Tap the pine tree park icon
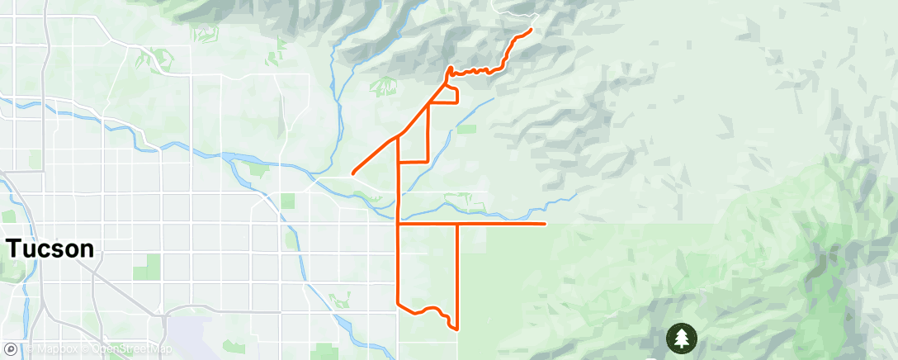pyautogui.click(x=682, y=338)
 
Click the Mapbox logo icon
pyautogui.click(x=11, y=350)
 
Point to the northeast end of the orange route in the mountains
pyautogui.click(x=530, y=30)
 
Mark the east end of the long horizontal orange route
pyautogui.click(x=545, y=223)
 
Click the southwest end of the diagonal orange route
pyautogui.click(x=353, y=173)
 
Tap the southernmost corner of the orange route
pyautogui.click(x=456, y=329)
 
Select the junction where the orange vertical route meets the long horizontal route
pyautogui.click(x=399, y=223)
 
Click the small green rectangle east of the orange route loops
pyautogui.click(x=467, y=129)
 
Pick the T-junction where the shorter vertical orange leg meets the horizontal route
pyautogui.click(x=456, y=223)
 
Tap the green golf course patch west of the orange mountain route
pyautogui.click(x=385, y=86)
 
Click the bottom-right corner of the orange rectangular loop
pyautogui.click(x=428, y=162)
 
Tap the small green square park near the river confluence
pyautogui.click(x=287, y=201)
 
